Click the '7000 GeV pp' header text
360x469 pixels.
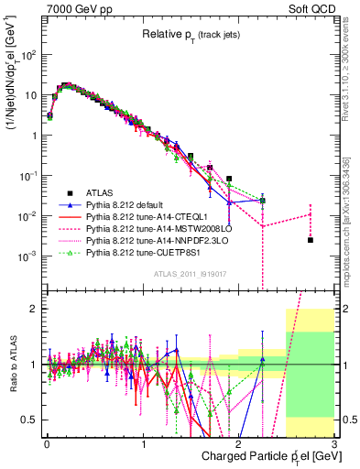tap(75, 8)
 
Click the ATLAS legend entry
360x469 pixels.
tap(98, 192)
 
